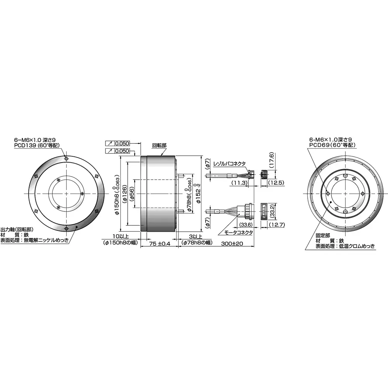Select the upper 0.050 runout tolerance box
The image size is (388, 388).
coord(122,143)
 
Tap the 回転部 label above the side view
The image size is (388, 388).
coord(159,145)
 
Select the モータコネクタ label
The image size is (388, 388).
coord(239,232)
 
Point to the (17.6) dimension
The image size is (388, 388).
coord(272,160)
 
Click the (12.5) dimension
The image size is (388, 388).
coord(276,183)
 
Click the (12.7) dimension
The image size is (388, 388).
coord(276,225)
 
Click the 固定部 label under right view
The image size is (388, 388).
coord(323,235)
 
